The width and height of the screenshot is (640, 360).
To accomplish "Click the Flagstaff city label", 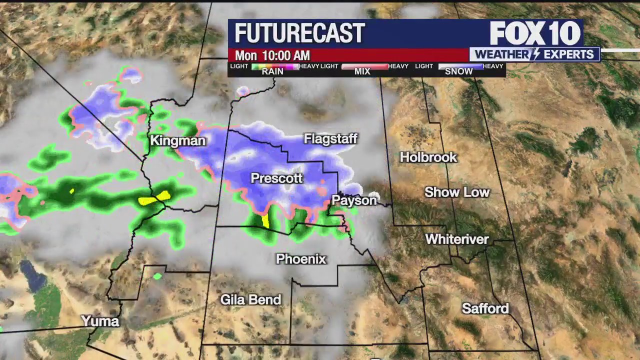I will tap(330, 138).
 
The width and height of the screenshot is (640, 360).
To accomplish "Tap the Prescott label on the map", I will tap(276, 178).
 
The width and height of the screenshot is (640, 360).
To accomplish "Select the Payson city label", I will tap(354, 200).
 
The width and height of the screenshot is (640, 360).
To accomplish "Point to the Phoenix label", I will tap(301, 259).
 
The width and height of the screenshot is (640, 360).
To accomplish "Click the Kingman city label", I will tap(177, 140).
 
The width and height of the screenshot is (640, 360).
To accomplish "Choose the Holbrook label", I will tap(428, 157).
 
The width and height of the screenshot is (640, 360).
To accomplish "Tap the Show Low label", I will tap(457, 192).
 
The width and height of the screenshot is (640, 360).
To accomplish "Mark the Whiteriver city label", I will tap(457, 239).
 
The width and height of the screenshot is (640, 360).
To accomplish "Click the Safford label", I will tap(485, 308).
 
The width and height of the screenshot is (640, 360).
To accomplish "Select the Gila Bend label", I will tap(251, 299).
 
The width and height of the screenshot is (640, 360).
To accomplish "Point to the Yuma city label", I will tap(100, 321).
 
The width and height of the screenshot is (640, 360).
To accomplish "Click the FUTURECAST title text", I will tap(299, 33).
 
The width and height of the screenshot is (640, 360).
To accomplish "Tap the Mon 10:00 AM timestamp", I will tap(272, 55).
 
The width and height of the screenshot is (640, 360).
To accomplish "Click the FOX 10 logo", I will tap(535, 33).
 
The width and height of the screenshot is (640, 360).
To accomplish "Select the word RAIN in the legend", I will tap(272, 71).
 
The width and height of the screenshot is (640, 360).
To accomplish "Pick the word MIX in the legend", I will tap(362, 71).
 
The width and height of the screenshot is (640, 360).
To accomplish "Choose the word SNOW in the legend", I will tap(458, 71).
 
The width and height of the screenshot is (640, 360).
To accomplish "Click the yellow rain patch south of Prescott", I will tap(265, 221).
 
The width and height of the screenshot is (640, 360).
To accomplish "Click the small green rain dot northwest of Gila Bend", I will tap(157, 276).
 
